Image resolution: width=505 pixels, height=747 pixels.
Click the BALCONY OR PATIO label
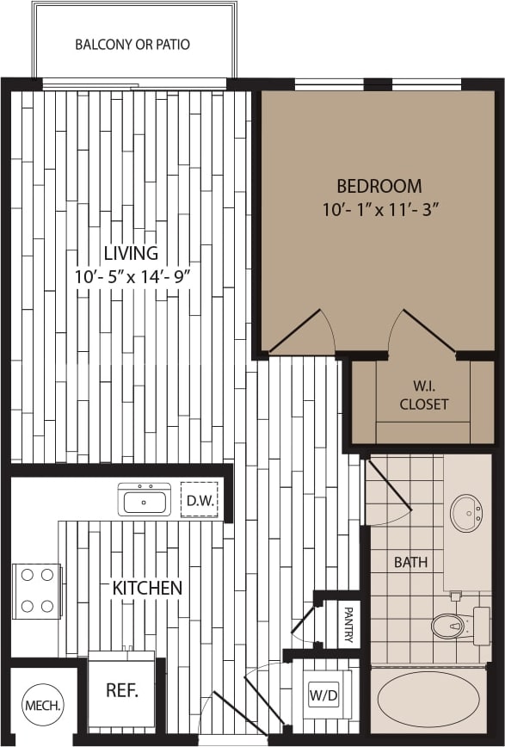tap(132, 44)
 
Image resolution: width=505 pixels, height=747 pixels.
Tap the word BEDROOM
tap(379, 186)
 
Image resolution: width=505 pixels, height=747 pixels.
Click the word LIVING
tap(131, 253)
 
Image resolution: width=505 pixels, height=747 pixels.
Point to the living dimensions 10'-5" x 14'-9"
tap(131, 276)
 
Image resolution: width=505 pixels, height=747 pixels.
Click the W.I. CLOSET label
tap(423, 395)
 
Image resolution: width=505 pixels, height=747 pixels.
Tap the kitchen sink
tap(146, 498)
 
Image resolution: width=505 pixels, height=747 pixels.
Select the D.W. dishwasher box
tap(199, 499)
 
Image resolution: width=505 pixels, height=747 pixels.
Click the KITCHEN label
tap(147, 588)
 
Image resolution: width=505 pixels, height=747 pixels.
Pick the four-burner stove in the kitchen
tap(36, 590)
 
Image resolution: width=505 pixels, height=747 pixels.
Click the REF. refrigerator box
tap(122, 689)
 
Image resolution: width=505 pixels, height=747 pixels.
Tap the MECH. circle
tap(41, 705)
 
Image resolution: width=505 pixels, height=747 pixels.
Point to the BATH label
tap(410, 563)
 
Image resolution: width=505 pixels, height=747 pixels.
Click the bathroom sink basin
tap(466, 513)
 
